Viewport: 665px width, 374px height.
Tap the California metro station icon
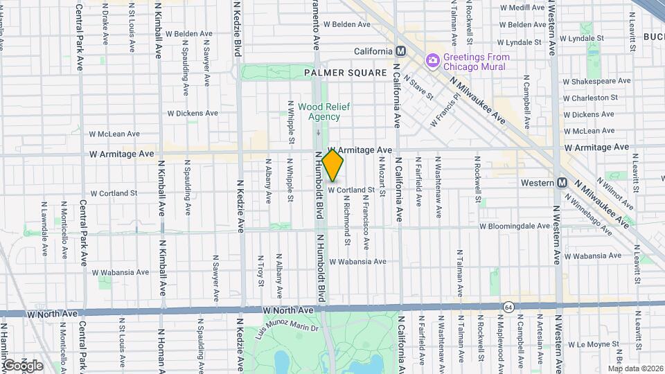click(x=400, y=52)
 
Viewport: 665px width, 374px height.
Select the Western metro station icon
click(x=562, y=182)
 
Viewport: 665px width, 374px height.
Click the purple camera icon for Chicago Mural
click(x=432, y=60)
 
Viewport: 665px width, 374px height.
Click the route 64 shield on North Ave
click(x=509, y=305)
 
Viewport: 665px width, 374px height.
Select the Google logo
click(x=22, y=365)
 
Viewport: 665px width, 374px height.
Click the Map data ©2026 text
click(x=635, y=368)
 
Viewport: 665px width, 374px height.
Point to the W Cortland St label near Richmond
click(x=351, y=190)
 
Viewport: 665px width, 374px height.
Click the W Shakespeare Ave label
click(x=597, y=81)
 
